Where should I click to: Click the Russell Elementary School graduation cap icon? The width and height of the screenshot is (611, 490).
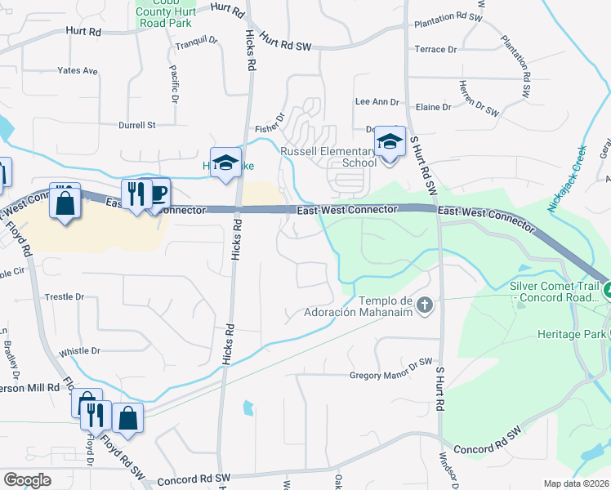coord(390,142)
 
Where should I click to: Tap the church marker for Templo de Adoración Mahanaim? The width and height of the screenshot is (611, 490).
coord(424,305)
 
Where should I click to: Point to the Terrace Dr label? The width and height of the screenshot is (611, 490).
coord(435,50)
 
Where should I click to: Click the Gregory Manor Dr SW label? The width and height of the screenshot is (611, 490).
coord(390,375)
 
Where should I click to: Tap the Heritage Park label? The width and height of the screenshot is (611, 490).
coord(572,334)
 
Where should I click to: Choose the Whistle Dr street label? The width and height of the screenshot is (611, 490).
coord(79,350)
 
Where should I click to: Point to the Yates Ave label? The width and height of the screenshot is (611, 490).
coord(78,71)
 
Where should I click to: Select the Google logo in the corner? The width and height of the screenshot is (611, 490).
coord(27,479)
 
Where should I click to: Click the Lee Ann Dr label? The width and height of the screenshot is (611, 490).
coord(376,102)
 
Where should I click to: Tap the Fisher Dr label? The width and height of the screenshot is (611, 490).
coord(269,124)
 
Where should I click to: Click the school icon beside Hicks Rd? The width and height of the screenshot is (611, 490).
coord(226,162)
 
